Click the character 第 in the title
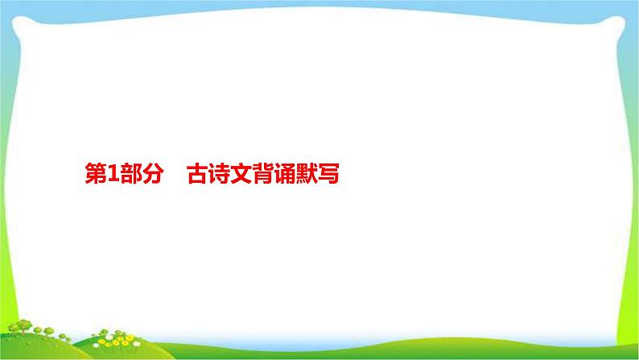point(95,174)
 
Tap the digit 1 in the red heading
point(113,174)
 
